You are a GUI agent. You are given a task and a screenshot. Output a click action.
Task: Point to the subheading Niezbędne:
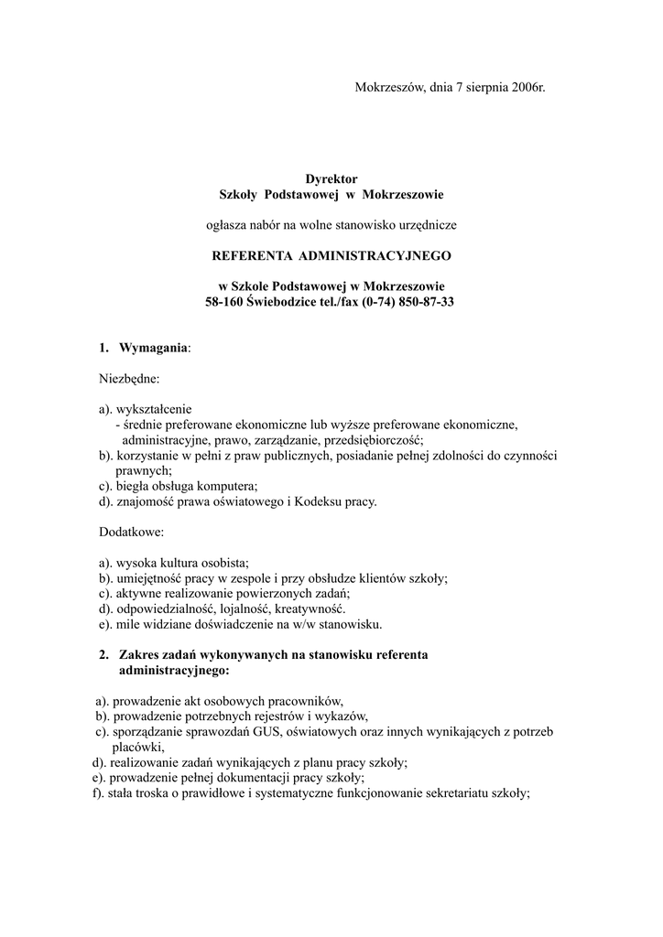coord(129,378)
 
